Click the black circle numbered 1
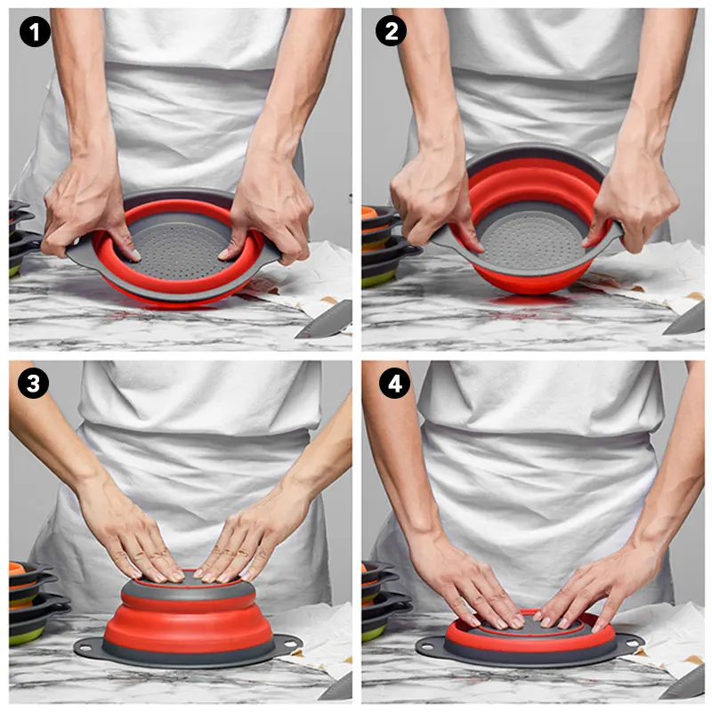(x=35, y=32)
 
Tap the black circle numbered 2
(x=391, y=31)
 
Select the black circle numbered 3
(x=33, y=384)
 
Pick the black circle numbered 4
(x=394, y=384)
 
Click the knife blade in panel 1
(x=325, y=320)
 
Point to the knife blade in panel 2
(x=684, y=320)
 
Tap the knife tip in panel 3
(x=319, y=698)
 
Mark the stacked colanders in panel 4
(x=384, y=600)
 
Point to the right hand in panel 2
(x=635, y=199)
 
